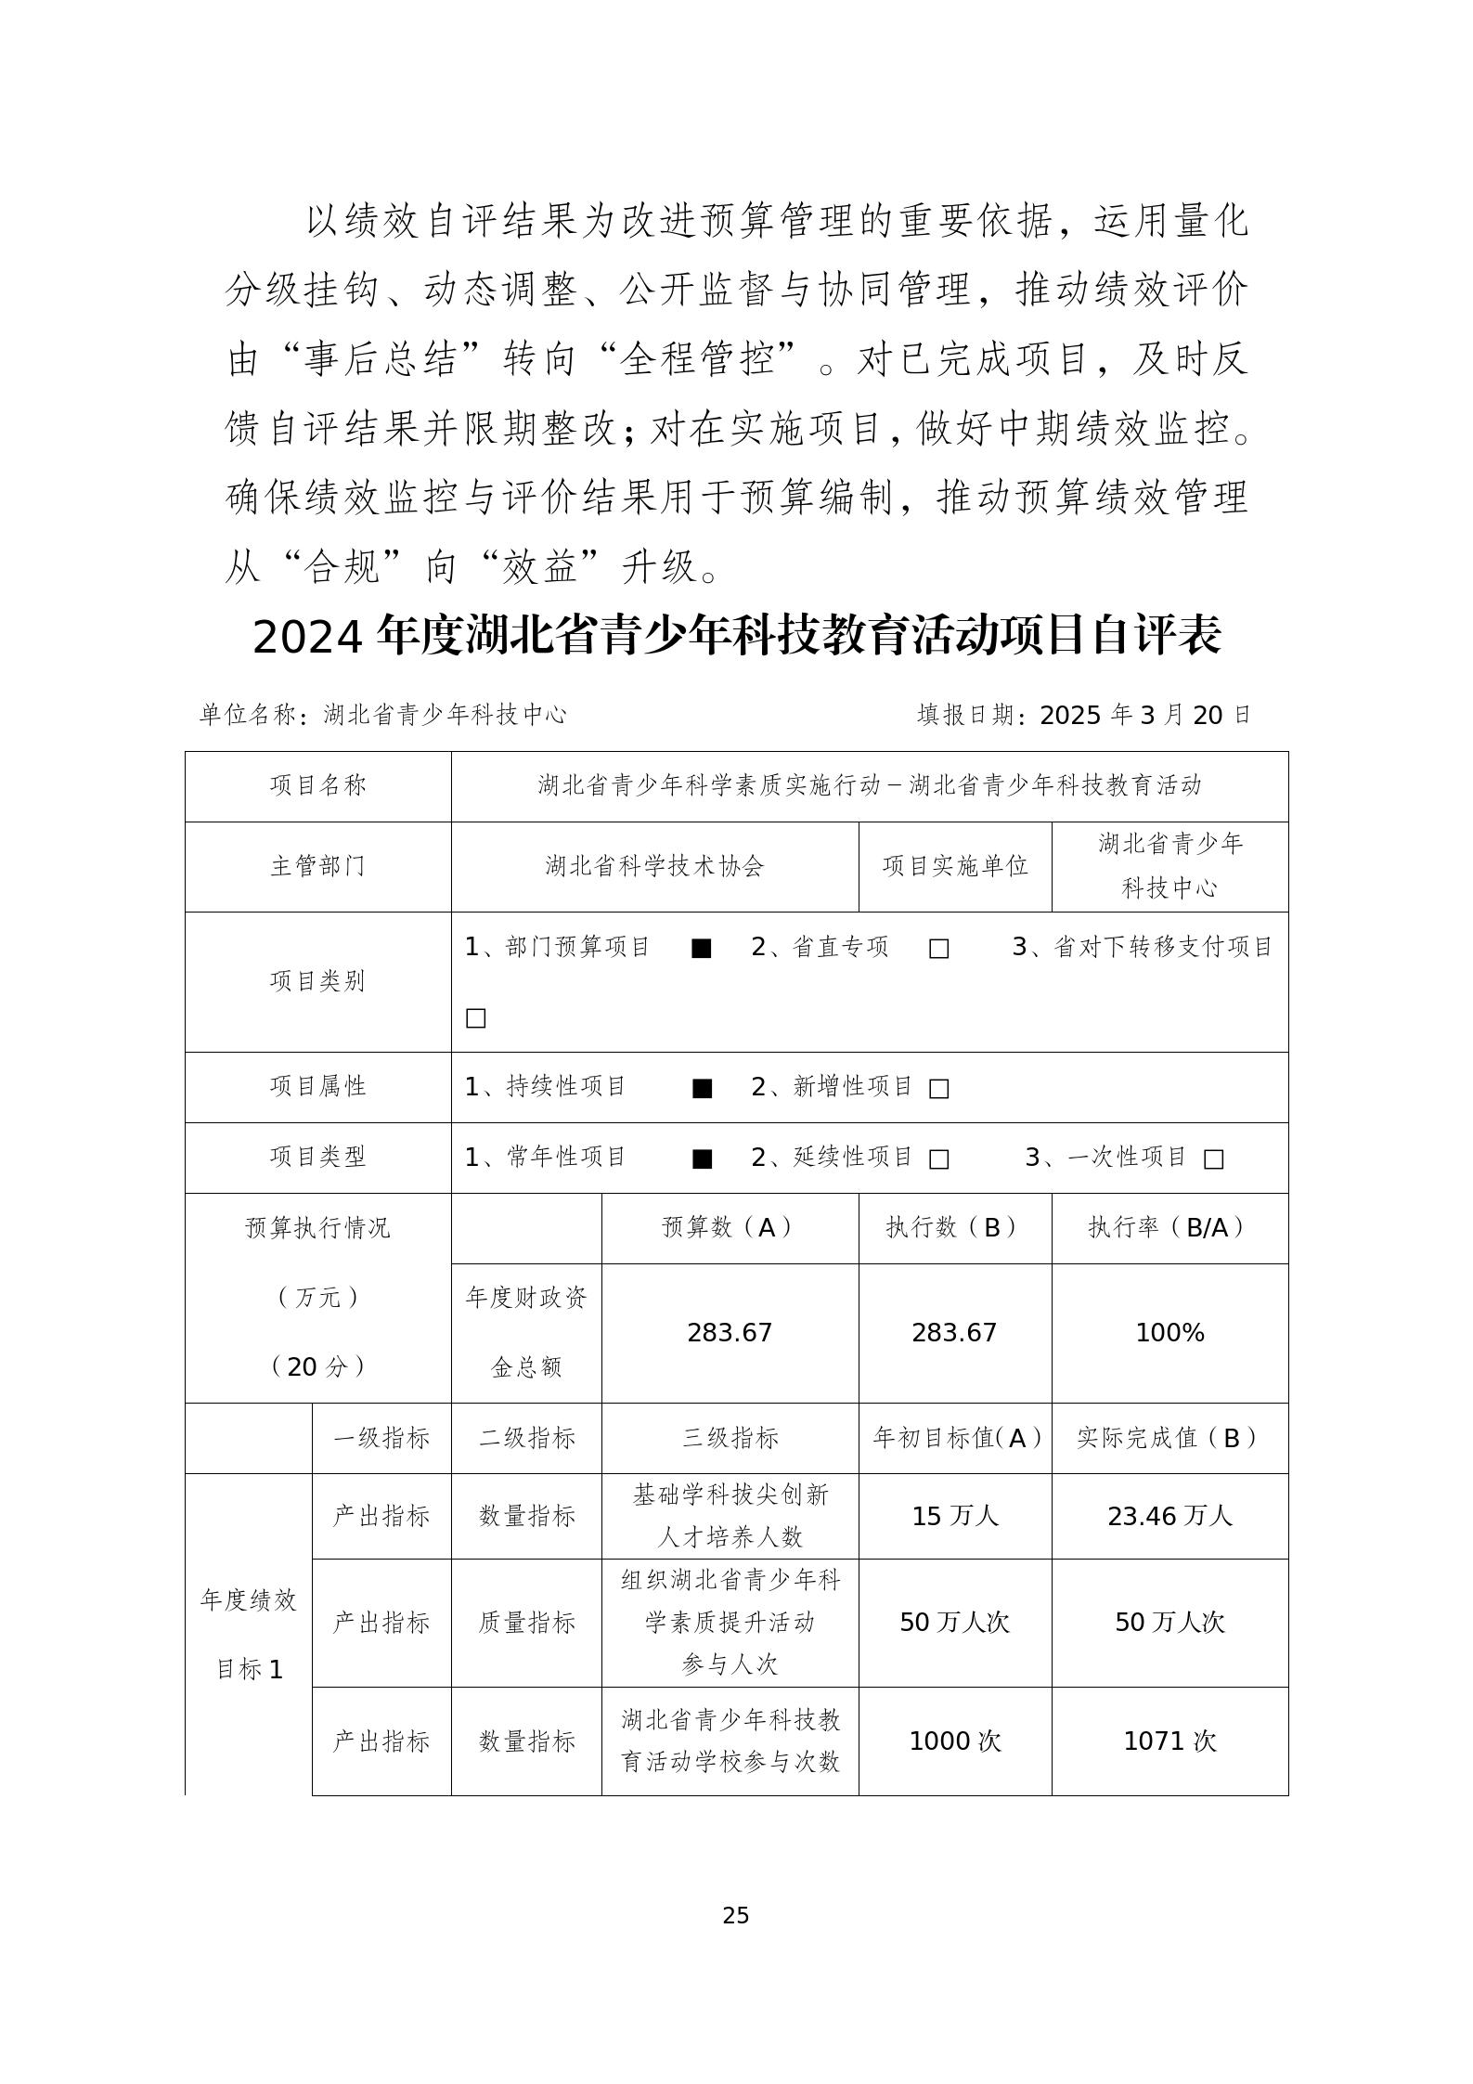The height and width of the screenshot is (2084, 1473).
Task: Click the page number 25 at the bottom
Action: [735, 1915]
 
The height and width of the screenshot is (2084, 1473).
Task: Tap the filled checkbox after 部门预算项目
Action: [702, 949]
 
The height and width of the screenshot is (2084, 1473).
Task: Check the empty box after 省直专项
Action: [938, 949]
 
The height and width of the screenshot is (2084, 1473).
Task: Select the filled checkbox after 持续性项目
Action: [702, 1089]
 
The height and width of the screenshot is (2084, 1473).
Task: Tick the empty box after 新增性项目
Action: [938, 1089]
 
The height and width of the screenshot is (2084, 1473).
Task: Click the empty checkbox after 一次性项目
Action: [1213, 1159]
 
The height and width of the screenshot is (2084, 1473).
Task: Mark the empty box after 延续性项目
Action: [938, 1159]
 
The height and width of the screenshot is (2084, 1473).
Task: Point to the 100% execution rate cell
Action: [1169, 1333]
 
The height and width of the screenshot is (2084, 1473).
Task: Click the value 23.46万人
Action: [1169, 1517]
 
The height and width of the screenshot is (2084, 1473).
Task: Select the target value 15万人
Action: [954, 1517]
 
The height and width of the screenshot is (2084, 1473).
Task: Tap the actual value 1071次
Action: [1169, 1741]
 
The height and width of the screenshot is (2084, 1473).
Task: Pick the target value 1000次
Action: [954, 1741]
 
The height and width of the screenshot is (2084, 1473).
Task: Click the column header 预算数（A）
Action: [730, 1228]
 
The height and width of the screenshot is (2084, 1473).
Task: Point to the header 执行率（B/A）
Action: [1169, 1228]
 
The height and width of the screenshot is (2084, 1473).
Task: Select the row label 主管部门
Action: [317, 866]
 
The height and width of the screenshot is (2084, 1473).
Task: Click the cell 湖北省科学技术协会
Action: [654, 866]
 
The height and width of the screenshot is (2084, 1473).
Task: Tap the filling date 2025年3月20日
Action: [1145, 715]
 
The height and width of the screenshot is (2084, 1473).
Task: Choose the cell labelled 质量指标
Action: [526, 1623]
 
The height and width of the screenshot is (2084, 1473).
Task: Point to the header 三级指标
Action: [730, 1438]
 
